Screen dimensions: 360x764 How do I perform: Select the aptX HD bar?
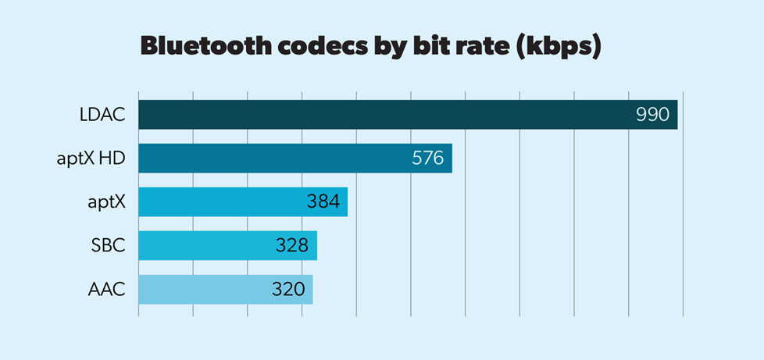pos(273,159)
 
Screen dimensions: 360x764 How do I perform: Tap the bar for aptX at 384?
pos(219,202)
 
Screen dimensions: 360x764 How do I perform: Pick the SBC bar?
pos(203,245)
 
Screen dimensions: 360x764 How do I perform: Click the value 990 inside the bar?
pos(652,115)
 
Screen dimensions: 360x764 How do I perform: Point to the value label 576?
pos(427,159)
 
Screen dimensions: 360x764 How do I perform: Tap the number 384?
pos(323,202)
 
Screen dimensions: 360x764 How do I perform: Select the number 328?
pos(292,246)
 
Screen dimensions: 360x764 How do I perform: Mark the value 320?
pos(287,290)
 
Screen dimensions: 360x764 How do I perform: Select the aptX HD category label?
pos(93,159)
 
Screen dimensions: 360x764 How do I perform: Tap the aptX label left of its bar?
pos(107,203)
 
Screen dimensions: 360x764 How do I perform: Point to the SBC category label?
pos(109,246)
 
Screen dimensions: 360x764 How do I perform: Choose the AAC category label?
pos(108,290)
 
